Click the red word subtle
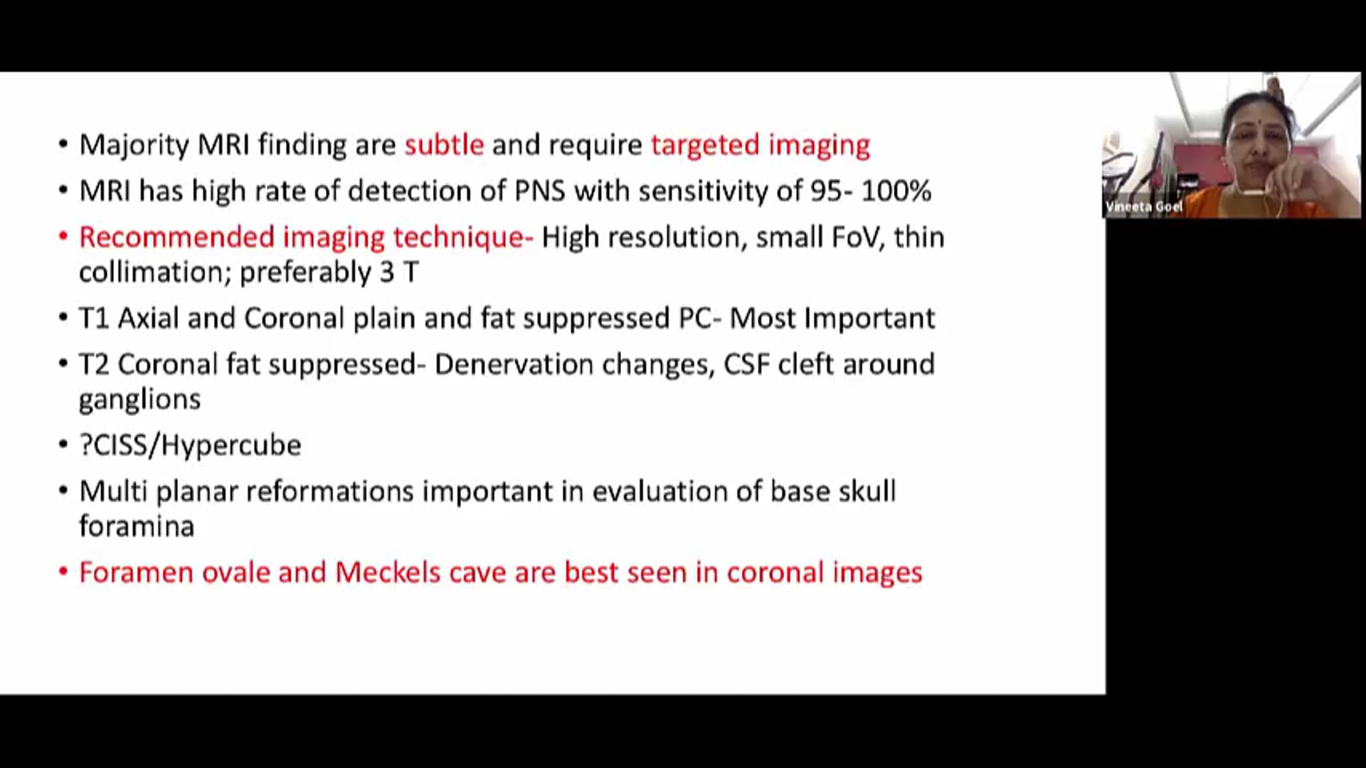click(x=444, y=144)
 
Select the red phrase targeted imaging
click(x=760, y=145)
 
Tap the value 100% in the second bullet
click(x=896, y=191)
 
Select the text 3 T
click(x=399, y=272)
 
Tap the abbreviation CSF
click(x=746, y=364)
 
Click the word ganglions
click(x=139, y=400)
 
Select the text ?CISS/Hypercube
click(x=190, y=445)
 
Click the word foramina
click(x=136, y=527)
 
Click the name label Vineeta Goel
click(x=1144, y=207)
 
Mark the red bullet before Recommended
click(x=63, y=236)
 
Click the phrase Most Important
click(x=832, y=318)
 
